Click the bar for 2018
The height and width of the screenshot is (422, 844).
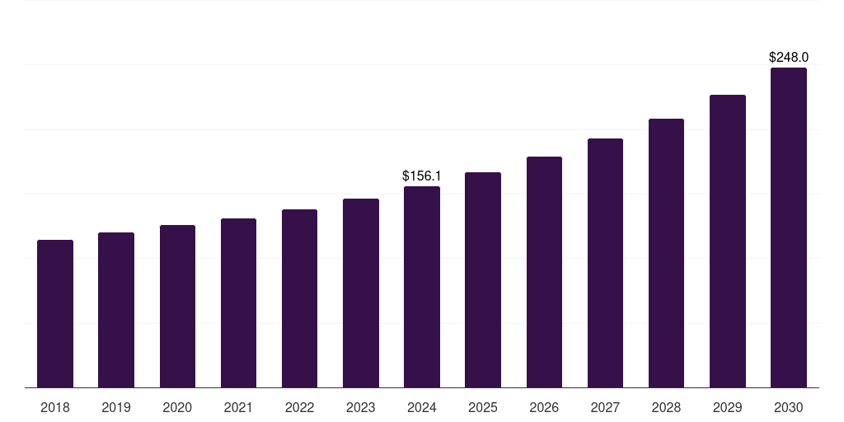click(x=55, y=313)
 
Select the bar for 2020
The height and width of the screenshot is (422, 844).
click(x=177, y=306)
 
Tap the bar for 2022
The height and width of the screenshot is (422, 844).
click(x=299, y=298)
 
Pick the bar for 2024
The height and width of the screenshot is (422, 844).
click(x=422, y=287)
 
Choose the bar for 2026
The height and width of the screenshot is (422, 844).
click(x=544, y=272)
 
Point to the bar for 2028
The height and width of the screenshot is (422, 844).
click(x=666, y=253)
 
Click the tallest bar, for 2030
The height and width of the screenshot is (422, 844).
click(x=789, y=227)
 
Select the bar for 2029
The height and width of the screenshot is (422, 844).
click(x=728, y=241)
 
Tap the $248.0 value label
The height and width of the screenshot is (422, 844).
click(x=789, y=58)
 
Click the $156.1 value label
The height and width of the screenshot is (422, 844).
click(x=422, y=176)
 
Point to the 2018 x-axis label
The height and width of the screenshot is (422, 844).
click(x=55, y=408)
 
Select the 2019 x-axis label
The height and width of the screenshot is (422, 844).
click(x=116, y=408)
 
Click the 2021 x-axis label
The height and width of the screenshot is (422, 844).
click(x=238, y=408)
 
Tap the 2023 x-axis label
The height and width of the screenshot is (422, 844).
click(x=361, y=408)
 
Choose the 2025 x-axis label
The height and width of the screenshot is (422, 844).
click(x=483, y=408)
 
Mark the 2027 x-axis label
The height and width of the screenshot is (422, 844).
click(x=605, y=408)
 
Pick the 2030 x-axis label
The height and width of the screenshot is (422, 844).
click(x=789, y=408)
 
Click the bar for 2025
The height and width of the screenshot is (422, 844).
click(x=483, y=279)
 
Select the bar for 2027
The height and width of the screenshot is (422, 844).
click(x=605, y=263)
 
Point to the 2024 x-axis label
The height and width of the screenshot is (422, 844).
click(x=422, y=408)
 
